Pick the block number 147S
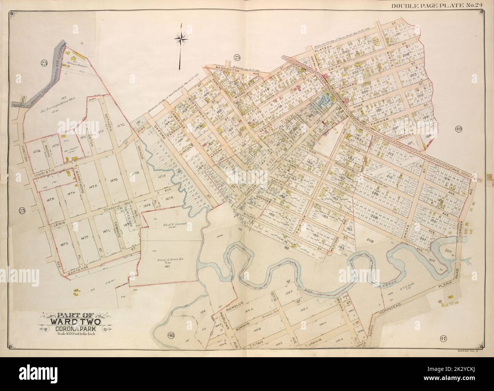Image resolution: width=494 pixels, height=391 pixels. [61, 242]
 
